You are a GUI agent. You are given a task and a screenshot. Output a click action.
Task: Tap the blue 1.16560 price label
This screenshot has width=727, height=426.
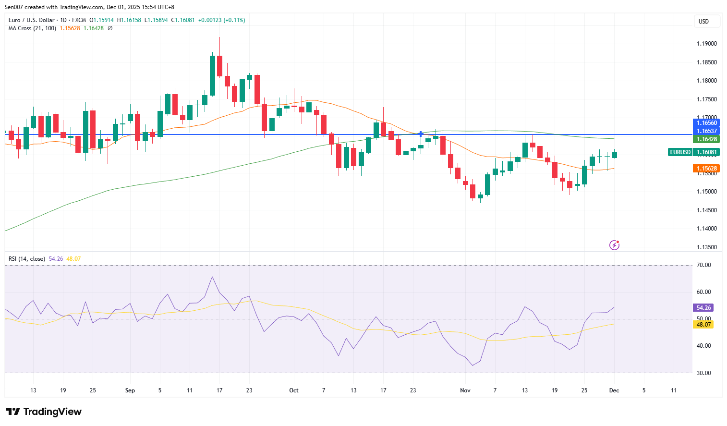click(707, 123)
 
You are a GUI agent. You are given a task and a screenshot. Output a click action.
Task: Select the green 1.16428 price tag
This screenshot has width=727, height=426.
click(707, 139)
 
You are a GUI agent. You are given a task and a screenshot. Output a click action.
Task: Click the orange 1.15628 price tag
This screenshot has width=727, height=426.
click(707, 169)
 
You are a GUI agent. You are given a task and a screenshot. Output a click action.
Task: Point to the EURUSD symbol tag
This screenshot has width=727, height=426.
click(680, 152)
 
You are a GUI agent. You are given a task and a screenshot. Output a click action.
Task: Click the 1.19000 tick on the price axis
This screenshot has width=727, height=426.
click(706, 44)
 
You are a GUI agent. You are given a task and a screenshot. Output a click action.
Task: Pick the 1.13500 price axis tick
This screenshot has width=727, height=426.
click(706, 247)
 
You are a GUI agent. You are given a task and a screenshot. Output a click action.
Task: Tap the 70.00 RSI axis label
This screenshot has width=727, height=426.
click(703, 265)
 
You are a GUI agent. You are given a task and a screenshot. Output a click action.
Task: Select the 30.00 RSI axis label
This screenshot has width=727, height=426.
click(703, 373)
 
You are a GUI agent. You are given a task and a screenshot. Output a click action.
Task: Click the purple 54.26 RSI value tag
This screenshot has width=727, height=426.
click(703, 308)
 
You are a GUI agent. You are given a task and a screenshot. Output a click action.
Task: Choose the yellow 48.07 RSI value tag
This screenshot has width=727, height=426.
click(703, 325)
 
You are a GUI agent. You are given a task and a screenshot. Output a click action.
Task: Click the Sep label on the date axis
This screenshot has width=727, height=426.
click(130, 390)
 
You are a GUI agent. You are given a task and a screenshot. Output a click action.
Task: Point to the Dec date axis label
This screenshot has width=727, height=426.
click(614, 390)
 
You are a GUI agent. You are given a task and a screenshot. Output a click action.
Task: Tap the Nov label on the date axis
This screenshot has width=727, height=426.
click(465, 390)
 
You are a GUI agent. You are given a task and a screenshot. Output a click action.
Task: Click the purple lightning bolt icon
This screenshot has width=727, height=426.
click(614, 245)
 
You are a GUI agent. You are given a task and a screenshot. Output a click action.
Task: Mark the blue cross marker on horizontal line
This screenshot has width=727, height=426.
click(421, 134)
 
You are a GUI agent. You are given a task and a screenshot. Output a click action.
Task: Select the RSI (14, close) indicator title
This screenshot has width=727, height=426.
click(27, 259)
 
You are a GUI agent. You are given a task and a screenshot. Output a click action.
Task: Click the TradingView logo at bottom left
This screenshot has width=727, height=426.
click(44, 412)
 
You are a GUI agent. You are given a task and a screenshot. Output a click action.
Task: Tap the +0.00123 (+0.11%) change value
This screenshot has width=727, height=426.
click(221, 20)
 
